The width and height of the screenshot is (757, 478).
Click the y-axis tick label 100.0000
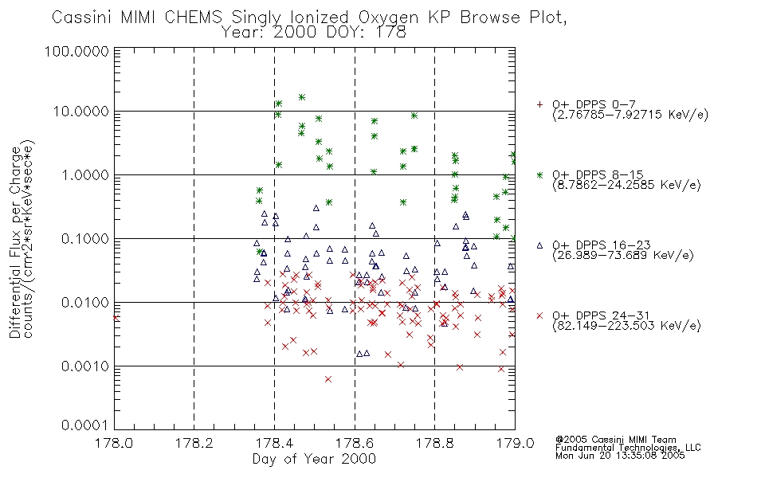tap(76, 51)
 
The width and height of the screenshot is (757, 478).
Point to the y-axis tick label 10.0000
tap(81, 112)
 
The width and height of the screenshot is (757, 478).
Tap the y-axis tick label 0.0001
tap(85, 425)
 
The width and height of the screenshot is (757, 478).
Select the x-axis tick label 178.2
tap(194, 443)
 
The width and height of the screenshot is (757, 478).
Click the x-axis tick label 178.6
tap(355, 443)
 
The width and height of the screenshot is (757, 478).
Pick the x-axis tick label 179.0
tap(515, 443)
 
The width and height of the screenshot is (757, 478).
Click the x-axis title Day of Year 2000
tap(314, 459)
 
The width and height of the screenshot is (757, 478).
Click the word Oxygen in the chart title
tap(388, 18)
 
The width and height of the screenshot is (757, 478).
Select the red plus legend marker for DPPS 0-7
tap(539, 104)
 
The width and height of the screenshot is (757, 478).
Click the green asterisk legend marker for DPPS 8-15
tap(539, 174)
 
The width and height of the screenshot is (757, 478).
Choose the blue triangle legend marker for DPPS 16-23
tap(539, 245)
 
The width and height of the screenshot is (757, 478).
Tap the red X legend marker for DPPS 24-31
tap(539, 315)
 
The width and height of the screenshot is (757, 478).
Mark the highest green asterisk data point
tap(302, 97)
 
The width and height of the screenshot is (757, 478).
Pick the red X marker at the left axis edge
tap(116, 318)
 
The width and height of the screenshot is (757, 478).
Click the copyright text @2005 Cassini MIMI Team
tap(615, 440)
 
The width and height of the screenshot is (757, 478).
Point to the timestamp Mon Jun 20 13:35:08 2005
tap(620, 456)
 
